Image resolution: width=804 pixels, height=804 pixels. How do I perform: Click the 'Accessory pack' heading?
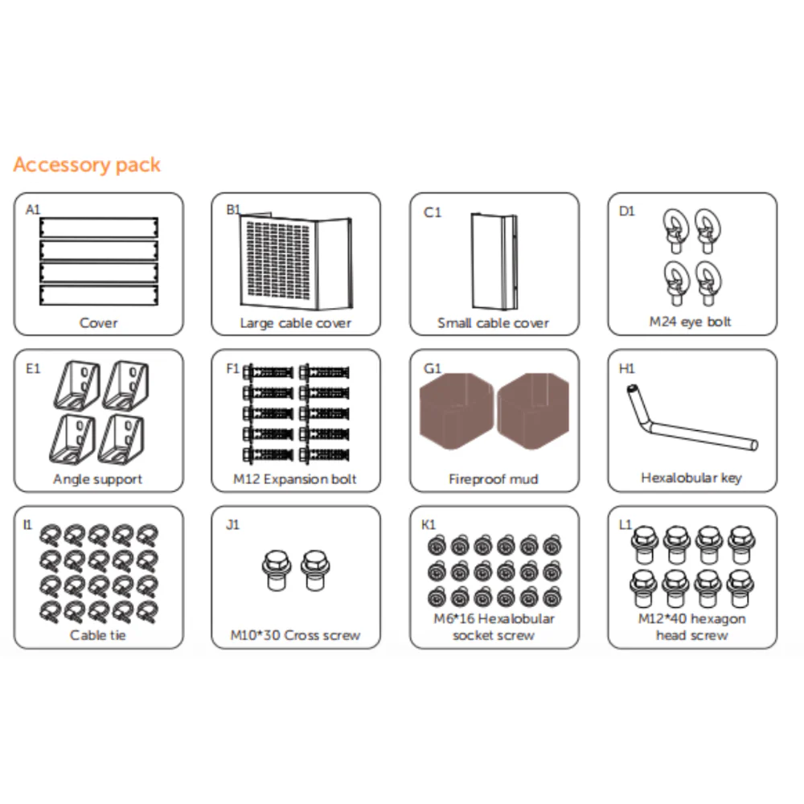(87, 165)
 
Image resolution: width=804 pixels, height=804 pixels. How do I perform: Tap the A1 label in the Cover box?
(33, 209)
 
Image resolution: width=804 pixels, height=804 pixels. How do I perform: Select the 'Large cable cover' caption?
(296, 323)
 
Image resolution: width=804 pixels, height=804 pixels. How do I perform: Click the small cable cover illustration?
(494, 261)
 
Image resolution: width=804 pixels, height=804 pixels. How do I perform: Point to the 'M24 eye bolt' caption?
(690, 322)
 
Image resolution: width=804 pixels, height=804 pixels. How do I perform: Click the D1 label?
(626, 211)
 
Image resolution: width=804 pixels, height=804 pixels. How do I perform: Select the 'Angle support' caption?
(97, 479)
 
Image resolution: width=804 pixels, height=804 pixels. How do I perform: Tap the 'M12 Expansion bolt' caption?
(295, 479)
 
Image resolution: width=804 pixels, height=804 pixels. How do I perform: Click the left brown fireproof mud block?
(456, 411)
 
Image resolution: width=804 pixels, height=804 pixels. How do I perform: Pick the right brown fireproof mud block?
(533, 411)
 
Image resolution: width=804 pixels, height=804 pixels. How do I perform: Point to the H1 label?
(626, 368)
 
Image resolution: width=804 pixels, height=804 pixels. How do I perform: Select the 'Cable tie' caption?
(98, 635)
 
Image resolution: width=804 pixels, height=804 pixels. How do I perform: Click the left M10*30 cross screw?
(277, 570)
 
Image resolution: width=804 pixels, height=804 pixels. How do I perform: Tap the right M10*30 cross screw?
(315, 570)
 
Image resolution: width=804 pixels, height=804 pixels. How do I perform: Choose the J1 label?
(232, 524)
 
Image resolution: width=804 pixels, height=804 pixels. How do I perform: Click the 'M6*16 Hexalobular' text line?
(494, 619)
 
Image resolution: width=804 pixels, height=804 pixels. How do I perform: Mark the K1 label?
(429, 524)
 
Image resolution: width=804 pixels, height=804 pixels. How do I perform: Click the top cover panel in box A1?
(99, 228)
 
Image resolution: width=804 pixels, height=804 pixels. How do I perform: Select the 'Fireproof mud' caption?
(494, 479)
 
